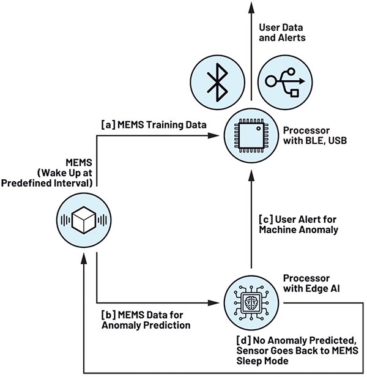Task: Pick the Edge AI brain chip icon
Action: [248, 302]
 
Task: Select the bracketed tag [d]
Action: [243, 340]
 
